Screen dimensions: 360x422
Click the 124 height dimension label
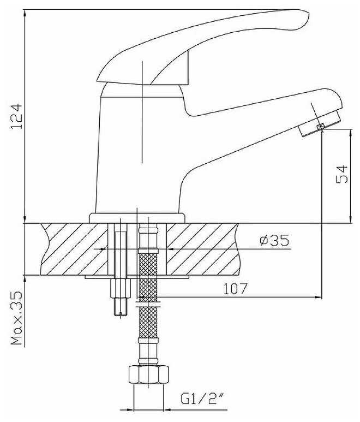pyautogui.click(x=16, y=116)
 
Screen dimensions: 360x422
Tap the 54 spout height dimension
pyautogui.click(x=342, y=174)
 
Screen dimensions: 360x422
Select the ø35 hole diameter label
pyautogui.click(x=274, y=240)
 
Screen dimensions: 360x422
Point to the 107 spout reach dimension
pyautogui.click(x=235, y=288)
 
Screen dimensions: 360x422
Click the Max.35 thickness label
pyautogui.click(x=17, y=318)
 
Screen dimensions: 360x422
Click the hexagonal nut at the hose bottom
pyautogui.click(x=149, y=374)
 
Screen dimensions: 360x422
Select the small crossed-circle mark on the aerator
pyautogui.click(x=321, y=127)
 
